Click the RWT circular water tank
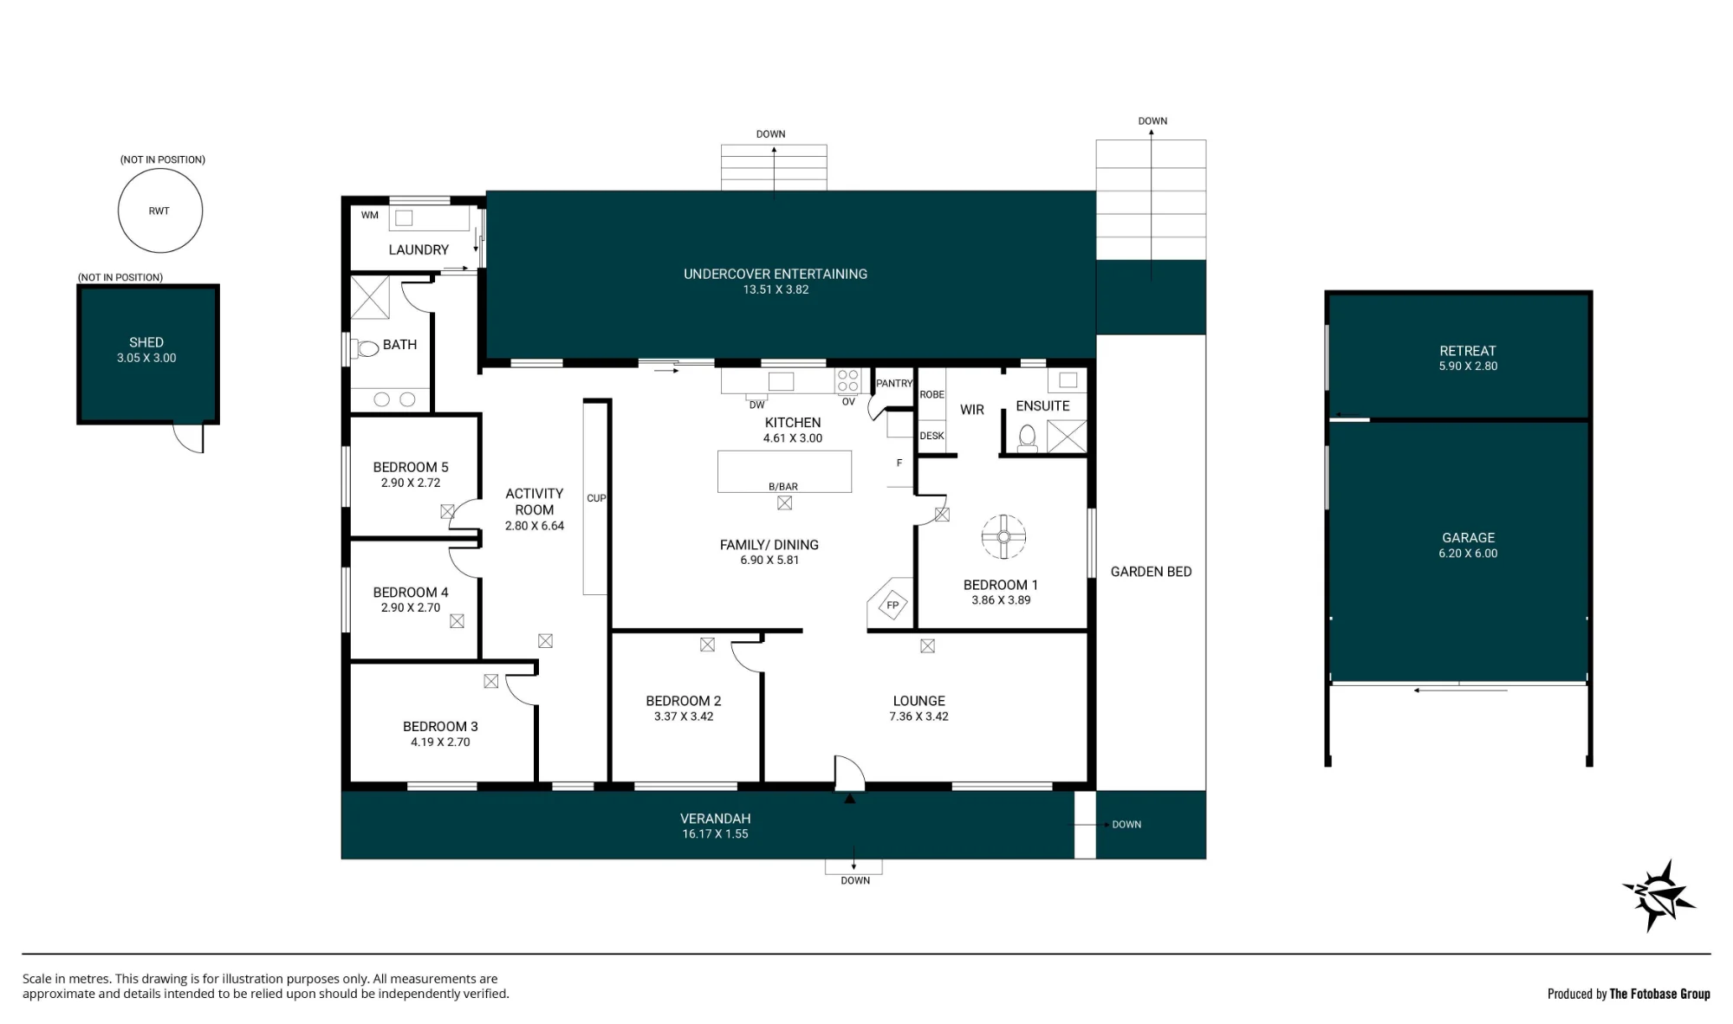click(160, 211)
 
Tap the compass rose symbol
click(1659, 896)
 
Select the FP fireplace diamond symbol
click(892, 605)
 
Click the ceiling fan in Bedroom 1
click(1003, 536)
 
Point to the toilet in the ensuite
click(1028, 437)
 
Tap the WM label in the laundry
click(370, 215)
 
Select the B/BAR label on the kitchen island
click(783, 487)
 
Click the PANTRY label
click(894, 383)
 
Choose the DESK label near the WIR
click(931, 436)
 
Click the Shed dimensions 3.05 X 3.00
click(146, 358)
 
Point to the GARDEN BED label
click(1151, 572)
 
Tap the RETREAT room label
click(1468, 351)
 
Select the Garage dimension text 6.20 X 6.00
click(1468, 554)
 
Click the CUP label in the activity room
click(596, 498)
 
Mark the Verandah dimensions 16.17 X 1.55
click(715, 834)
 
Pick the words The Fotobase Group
click(1660, 994)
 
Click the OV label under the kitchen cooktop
click(848, 402)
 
